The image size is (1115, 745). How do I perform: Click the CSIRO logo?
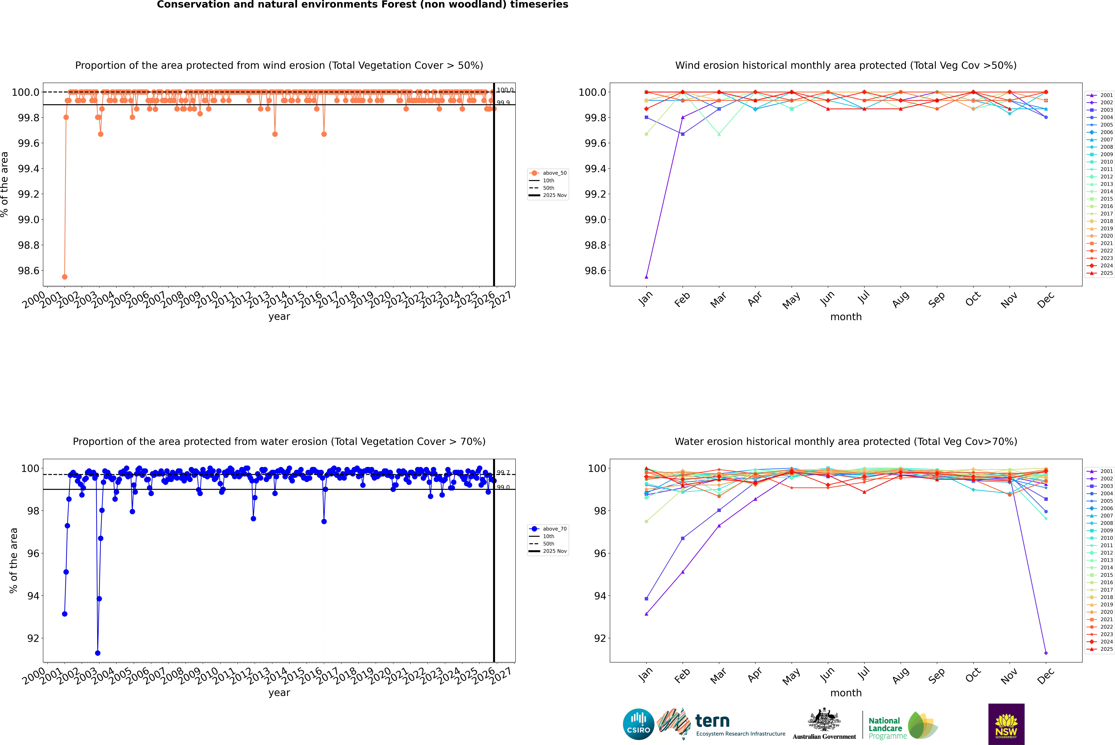(638, 724)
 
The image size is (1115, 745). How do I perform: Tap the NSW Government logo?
(1006, 724)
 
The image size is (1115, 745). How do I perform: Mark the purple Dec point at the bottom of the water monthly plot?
(1046, 653)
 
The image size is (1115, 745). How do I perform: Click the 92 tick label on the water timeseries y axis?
(33, 638)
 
